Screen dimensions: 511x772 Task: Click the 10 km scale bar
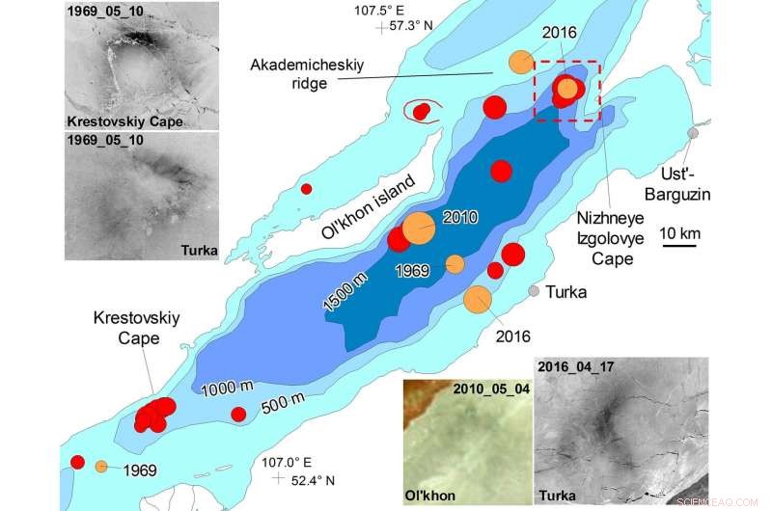point(680,245)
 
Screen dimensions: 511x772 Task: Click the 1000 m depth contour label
point(228,387)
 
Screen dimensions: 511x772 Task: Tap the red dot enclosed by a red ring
point(421,112)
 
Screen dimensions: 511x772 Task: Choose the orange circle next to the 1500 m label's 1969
point(455,263)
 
